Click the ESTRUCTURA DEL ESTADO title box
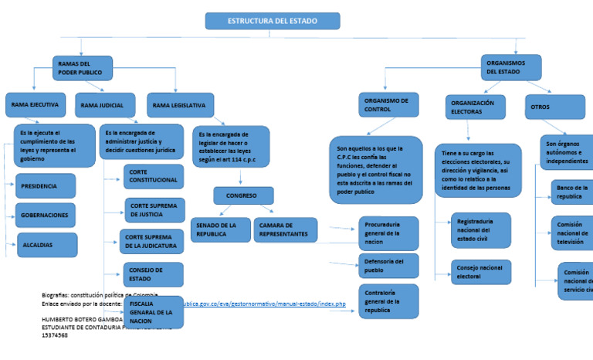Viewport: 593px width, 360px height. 273,21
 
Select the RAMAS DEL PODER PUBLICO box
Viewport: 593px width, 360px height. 83,68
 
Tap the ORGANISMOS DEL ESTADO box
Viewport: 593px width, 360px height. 510,67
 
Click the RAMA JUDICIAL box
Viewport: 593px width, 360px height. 105,105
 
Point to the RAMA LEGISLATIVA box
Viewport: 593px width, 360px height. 179,104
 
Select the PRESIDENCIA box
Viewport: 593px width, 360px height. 46,186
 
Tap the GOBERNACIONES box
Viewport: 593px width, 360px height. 46,215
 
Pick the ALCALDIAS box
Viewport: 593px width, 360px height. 46,245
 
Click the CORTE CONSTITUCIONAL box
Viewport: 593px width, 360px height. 154,176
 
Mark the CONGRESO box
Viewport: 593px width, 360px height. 243,196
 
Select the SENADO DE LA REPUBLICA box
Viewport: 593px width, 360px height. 220,229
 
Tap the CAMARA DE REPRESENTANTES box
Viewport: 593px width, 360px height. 285,229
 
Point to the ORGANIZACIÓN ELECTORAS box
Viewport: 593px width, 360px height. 475,107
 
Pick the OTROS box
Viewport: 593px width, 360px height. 554,107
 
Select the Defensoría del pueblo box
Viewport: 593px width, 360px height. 388,266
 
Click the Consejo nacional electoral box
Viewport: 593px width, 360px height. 481,272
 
